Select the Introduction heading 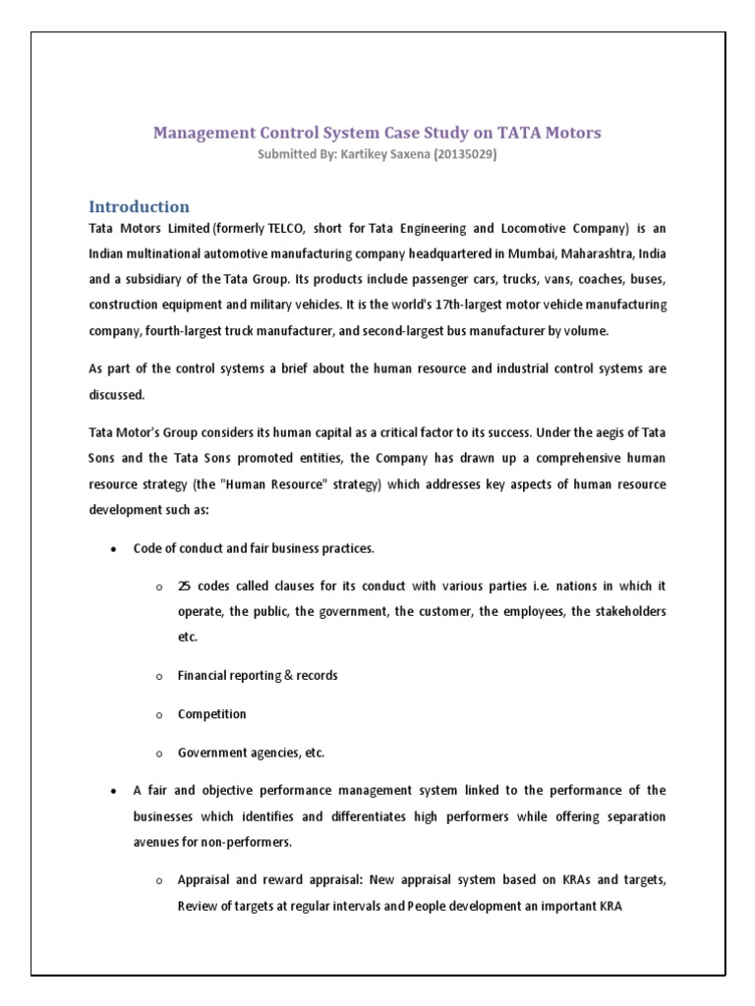pyautogui.click(x=139, y=206)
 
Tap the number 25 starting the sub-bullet pyautogui.click(x=184, y=587)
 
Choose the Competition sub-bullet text pyautogui.click(x=211, y=714)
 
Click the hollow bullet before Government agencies pyautogui.click(x=159, y=754)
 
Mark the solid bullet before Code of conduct pyautogui.click(x=115, y=548)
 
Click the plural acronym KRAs pyautogui.click(x=578, y=880)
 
